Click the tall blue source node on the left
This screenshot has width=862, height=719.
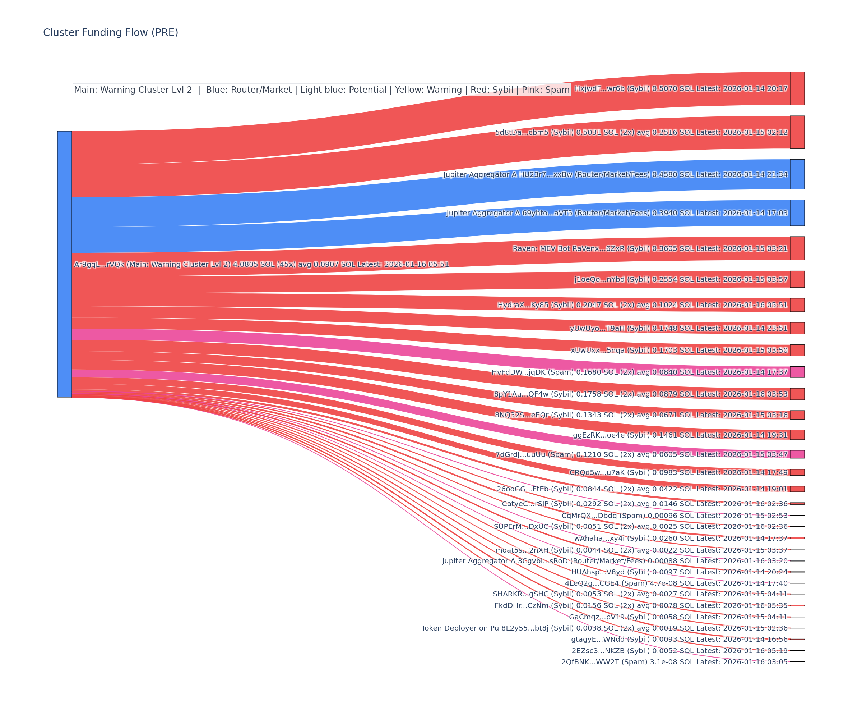[64, 264]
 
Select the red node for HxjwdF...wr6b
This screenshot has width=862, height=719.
[797, 88]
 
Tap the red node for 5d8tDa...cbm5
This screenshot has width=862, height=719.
[797, 132]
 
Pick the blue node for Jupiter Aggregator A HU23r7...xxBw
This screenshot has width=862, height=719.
[797, 174]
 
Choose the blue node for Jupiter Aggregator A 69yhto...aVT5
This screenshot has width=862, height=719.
[797, 213]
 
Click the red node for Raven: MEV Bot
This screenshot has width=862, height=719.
[797, 248]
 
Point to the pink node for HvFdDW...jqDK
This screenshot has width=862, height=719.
[797, 372]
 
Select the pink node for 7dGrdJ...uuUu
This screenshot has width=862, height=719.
[797, 454]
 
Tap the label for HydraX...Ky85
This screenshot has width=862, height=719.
[643, 305]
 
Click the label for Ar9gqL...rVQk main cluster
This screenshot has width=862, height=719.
[261, 264]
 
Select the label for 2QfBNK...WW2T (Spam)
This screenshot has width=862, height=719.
[674, 662]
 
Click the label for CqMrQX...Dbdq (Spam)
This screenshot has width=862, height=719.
[675, 516]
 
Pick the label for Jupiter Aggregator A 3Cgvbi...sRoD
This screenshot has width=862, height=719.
[615, 561]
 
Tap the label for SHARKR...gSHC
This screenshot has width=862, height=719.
[640, 594]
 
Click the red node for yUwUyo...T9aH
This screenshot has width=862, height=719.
[797, 328]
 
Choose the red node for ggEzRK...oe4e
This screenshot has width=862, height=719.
[797, 435]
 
